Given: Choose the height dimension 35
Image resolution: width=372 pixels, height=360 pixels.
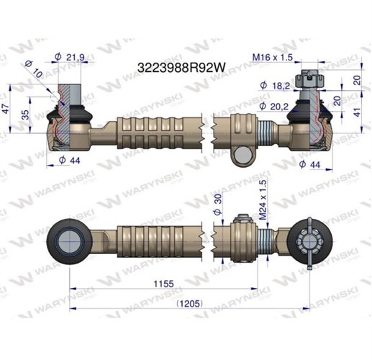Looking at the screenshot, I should (27, 115).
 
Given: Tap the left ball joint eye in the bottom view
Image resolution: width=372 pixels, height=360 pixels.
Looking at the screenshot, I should (69, 238).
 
